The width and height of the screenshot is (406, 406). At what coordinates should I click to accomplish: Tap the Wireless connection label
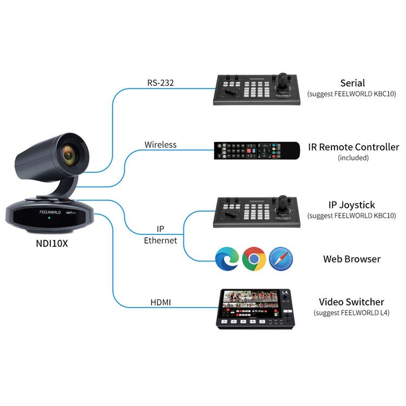(160, 145)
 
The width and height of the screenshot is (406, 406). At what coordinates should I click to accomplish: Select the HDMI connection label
(161, 302)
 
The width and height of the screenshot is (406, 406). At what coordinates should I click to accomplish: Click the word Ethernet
(160, 240)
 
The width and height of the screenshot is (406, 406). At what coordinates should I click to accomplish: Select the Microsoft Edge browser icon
(226, 259)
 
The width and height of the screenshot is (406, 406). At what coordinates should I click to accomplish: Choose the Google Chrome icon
(253, 259)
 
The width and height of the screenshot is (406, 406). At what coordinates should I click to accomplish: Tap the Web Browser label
(351, 259)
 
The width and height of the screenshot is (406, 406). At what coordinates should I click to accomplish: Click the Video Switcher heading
(351, 302)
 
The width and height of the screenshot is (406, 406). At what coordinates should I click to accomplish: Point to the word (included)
(353, 158)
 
